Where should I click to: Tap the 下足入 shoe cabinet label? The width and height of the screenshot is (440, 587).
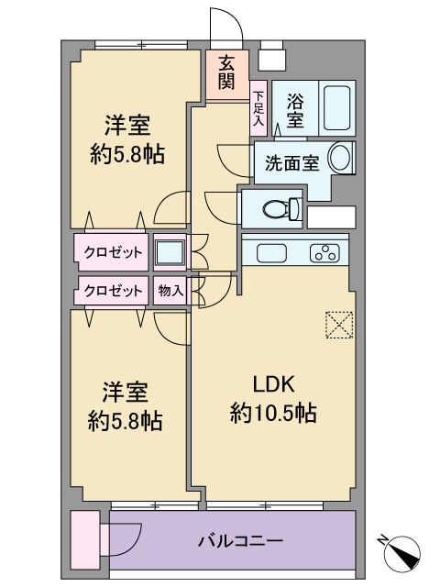(x=258, y=108)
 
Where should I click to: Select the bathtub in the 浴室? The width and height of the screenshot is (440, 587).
(x=336, y=108)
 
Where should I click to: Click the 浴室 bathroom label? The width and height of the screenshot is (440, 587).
(x=295, y=110)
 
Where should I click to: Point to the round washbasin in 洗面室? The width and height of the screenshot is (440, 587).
(x=340, y=158)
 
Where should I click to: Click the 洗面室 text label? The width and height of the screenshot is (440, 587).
(x=292, y=163)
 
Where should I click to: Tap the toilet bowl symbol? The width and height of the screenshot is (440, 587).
(x=282, y=209)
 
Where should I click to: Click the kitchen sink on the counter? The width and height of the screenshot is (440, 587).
(x=272, y=253)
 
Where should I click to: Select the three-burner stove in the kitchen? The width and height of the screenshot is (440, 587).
(x=324, y=253)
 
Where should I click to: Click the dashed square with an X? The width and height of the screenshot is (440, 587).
(x=339, y=325)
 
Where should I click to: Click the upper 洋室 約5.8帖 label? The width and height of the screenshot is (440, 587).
(x=127, y=139)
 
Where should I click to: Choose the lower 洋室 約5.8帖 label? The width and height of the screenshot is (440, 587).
(x=126, y=406)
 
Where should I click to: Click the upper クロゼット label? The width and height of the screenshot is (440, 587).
(x=113, y=252)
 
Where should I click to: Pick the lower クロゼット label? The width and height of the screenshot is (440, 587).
(x=113, y=291)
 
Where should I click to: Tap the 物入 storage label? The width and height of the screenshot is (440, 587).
(x=170, y=291)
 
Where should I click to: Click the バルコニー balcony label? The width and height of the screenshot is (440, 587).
(x=240, y=541)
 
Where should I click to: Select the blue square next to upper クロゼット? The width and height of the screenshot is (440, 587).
(x=170, y=252)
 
